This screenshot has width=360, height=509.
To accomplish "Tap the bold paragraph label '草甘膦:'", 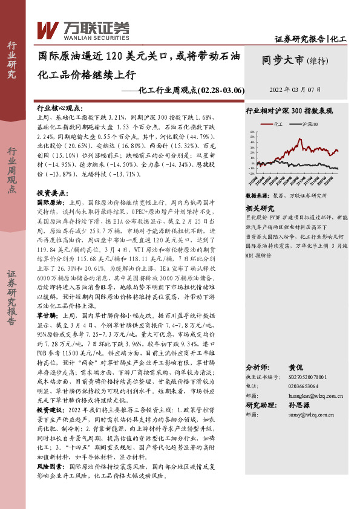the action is [x=48, y=315].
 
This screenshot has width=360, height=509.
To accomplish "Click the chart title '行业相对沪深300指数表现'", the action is [x=289, y=111].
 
